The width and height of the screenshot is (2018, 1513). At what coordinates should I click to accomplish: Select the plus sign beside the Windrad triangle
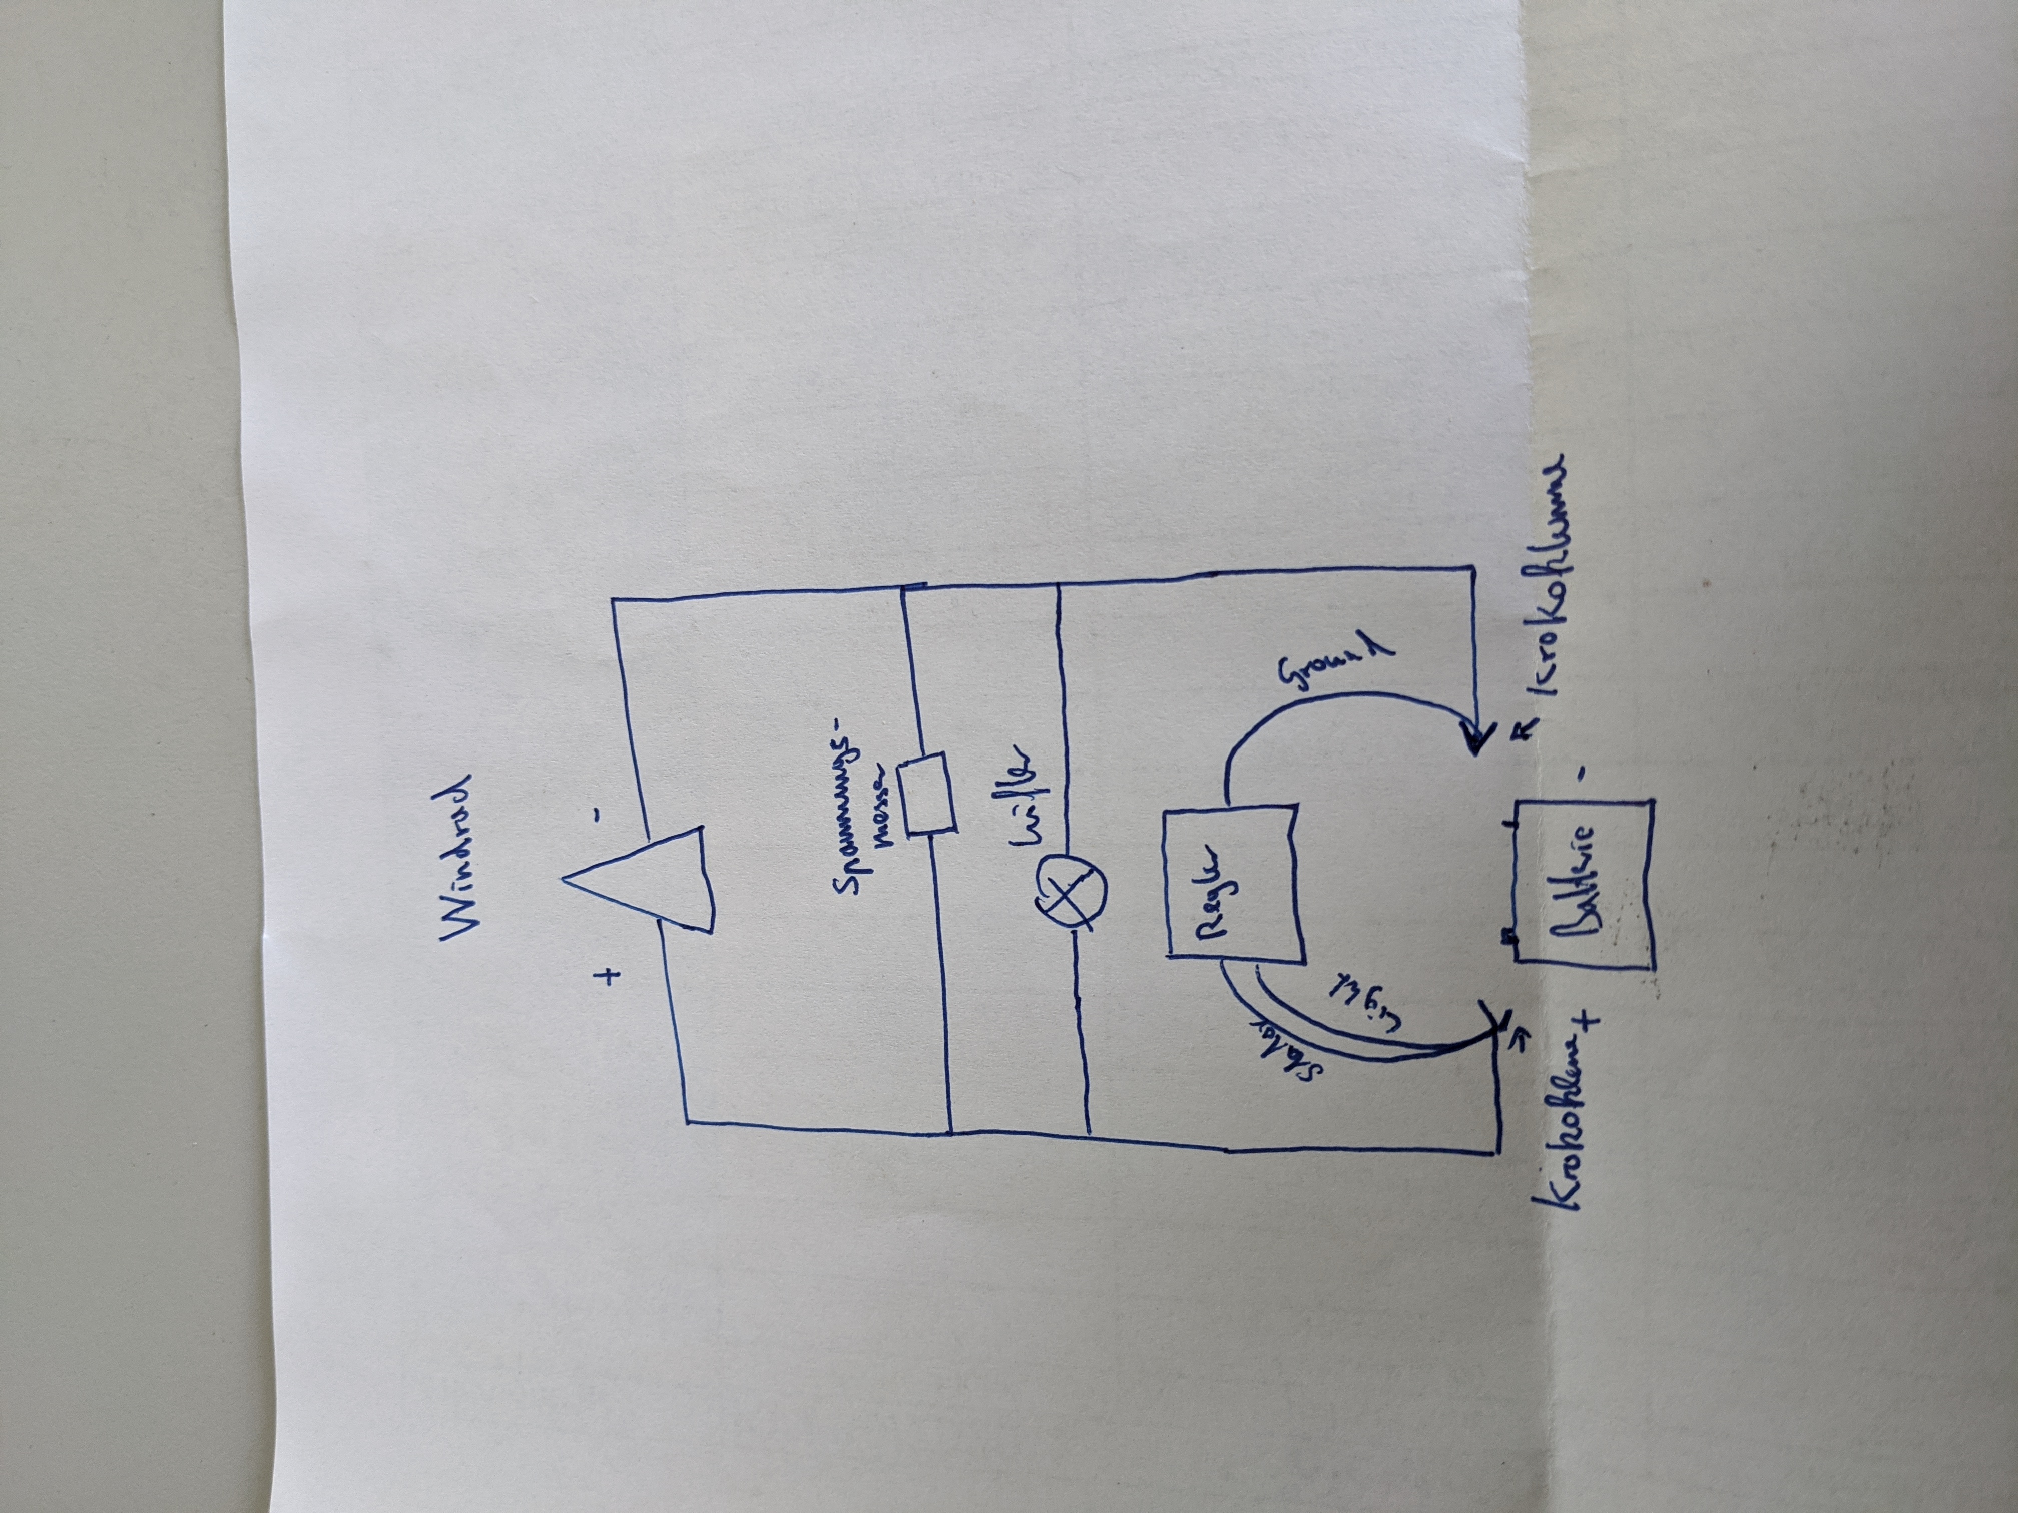pyautogui.click(x=609, y=978)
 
